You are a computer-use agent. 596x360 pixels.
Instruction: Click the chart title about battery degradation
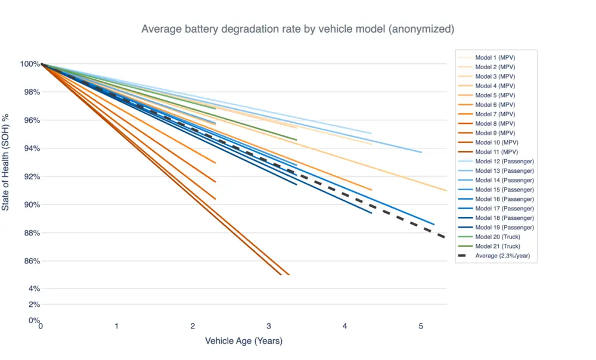pos(297,29)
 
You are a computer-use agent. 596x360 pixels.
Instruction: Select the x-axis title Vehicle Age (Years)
pos(244,341)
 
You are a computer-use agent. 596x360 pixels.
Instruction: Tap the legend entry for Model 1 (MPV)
pos(495,58)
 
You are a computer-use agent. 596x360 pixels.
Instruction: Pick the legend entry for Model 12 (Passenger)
pos(504,162)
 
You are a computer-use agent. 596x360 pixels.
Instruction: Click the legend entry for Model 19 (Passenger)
pos(504,227)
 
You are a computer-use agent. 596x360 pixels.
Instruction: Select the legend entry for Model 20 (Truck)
pos(498,237)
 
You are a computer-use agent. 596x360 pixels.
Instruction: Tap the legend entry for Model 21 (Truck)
pos(498,246)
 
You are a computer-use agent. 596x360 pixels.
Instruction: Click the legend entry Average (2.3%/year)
pos(502,256)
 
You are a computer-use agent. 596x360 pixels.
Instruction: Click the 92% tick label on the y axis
pos(30,176)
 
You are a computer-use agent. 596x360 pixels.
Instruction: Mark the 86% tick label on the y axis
pos(30,261)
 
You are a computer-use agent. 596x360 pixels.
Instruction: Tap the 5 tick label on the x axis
pos(421,326)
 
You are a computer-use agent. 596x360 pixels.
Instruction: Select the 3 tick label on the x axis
pos(269,326)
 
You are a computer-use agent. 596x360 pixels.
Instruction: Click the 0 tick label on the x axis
pos(41,326)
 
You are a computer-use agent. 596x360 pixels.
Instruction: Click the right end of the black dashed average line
pos(445,237)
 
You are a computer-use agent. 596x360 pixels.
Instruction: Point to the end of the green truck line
pos(296,140)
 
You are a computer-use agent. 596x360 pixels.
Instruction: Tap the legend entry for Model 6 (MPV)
pos(495,105)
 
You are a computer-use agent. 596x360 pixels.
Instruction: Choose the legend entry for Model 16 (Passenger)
pos(504,199)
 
